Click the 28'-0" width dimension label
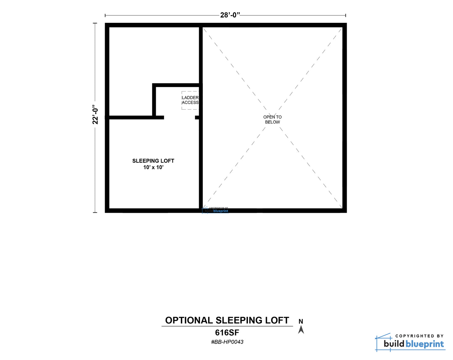(230, 15)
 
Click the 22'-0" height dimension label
(95, 114)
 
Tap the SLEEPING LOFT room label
(153, 161)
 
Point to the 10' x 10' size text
(153, 167)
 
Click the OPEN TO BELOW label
(272, 119)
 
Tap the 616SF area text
(227, 333)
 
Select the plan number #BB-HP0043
(227, 342)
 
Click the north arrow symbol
(301, 330)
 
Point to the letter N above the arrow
(301, 321)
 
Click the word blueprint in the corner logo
(424, 344)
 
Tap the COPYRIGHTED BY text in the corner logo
(419, 336)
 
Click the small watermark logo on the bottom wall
(215, 210)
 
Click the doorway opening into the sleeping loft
(179, 117)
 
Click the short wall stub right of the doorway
(197, 117)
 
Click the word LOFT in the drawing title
(277, 321)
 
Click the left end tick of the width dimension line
(105, 15)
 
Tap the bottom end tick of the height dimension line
(95, 212)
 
